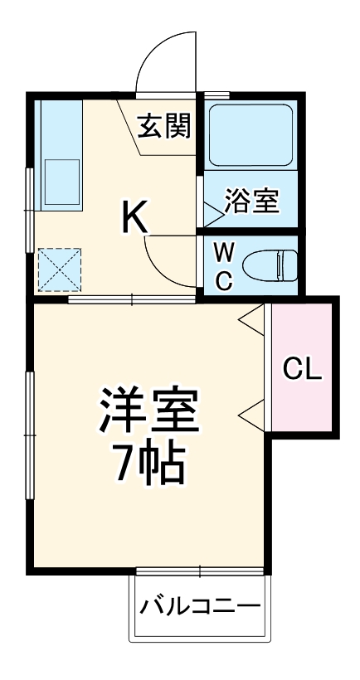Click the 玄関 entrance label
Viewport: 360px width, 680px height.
pos(164,126)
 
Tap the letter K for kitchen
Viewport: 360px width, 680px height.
pos(134,217)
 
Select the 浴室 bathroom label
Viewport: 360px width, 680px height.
pos(251,202)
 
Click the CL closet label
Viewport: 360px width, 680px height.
pos(302,369)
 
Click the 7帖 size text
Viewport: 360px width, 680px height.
pos(149,467)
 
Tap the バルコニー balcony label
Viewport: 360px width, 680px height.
pos(199,605)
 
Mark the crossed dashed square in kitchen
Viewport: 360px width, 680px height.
pos(59,267)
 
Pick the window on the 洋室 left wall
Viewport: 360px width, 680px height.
pos(32,435)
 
